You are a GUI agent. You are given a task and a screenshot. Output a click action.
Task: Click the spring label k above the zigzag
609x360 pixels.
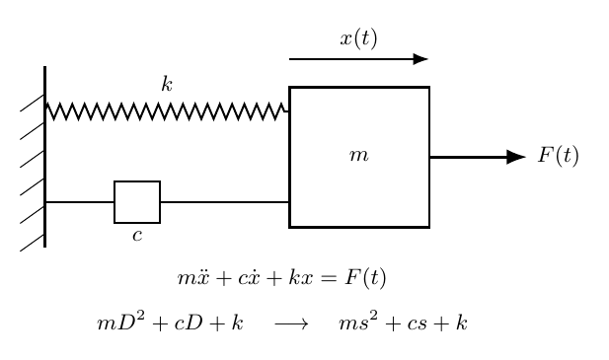coord(167,84)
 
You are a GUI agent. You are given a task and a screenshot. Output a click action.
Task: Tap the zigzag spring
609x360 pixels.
coord(167,111)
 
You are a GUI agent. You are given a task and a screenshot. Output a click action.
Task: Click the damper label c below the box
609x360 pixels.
coord(137,236)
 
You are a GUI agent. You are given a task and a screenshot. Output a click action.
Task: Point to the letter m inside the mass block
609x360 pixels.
coord(358,155)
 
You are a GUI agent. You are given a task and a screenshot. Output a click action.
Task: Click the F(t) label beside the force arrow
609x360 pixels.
coord(558,156)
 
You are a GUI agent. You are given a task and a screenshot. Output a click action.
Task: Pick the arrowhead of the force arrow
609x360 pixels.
coord(516,157)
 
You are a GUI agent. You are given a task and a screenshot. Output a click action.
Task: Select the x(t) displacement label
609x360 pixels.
coord(358,38)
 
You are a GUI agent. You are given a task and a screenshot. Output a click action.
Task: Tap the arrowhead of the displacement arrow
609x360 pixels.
coord(421,59)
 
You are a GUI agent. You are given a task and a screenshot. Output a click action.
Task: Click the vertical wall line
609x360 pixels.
coord(45,157)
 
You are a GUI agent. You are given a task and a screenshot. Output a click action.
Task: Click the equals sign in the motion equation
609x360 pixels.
coord(329,278)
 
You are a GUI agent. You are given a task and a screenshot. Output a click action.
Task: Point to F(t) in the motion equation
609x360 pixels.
coord(365,278)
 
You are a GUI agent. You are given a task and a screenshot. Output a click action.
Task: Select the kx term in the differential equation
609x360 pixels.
coord(300,278)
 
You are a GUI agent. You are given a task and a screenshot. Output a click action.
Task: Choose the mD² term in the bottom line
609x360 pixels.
coord(120,322)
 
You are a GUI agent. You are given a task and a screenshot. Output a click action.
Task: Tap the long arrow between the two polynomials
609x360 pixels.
coord(292,324)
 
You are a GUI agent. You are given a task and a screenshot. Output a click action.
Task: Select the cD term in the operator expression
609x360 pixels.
coord(189,323)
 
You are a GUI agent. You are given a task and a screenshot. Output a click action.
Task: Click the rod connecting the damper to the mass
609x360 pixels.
coord(225,202)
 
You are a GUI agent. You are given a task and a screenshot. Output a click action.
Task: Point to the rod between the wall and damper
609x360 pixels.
coord(80,202)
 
